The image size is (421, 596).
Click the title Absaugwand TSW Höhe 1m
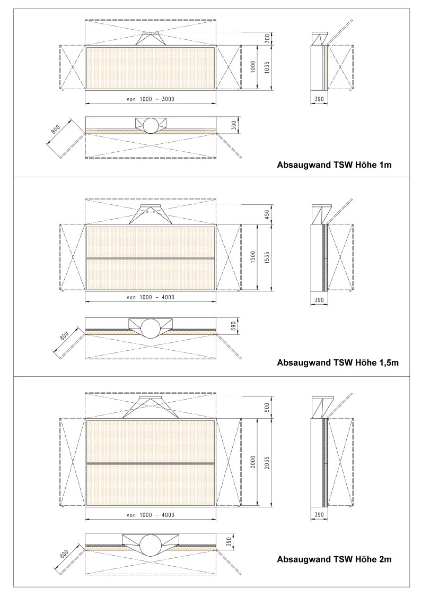(334, 165)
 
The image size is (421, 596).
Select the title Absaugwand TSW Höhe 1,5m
(338, 362)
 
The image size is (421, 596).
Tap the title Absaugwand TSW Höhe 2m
(334, 559)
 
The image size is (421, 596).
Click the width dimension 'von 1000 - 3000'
(151, 99)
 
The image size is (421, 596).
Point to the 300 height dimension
(267, 39)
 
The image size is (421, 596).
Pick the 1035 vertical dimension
(267, 67)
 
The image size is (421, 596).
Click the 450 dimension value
(267, 215)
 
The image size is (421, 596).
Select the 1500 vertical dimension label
(253, 256)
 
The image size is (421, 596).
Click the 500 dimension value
(267, 408)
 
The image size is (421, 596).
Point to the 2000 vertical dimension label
(253, 461)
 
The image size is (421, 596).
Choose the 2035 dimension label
(267, 462)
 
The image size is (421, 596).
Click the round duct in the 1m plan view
(151, 125)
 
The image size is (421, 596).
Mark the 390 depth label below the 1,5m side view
(319, 300)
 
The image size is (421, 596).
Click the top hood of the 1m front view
(151, 38)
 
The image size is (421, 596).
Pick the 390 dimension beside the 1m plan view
(234, 125)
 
